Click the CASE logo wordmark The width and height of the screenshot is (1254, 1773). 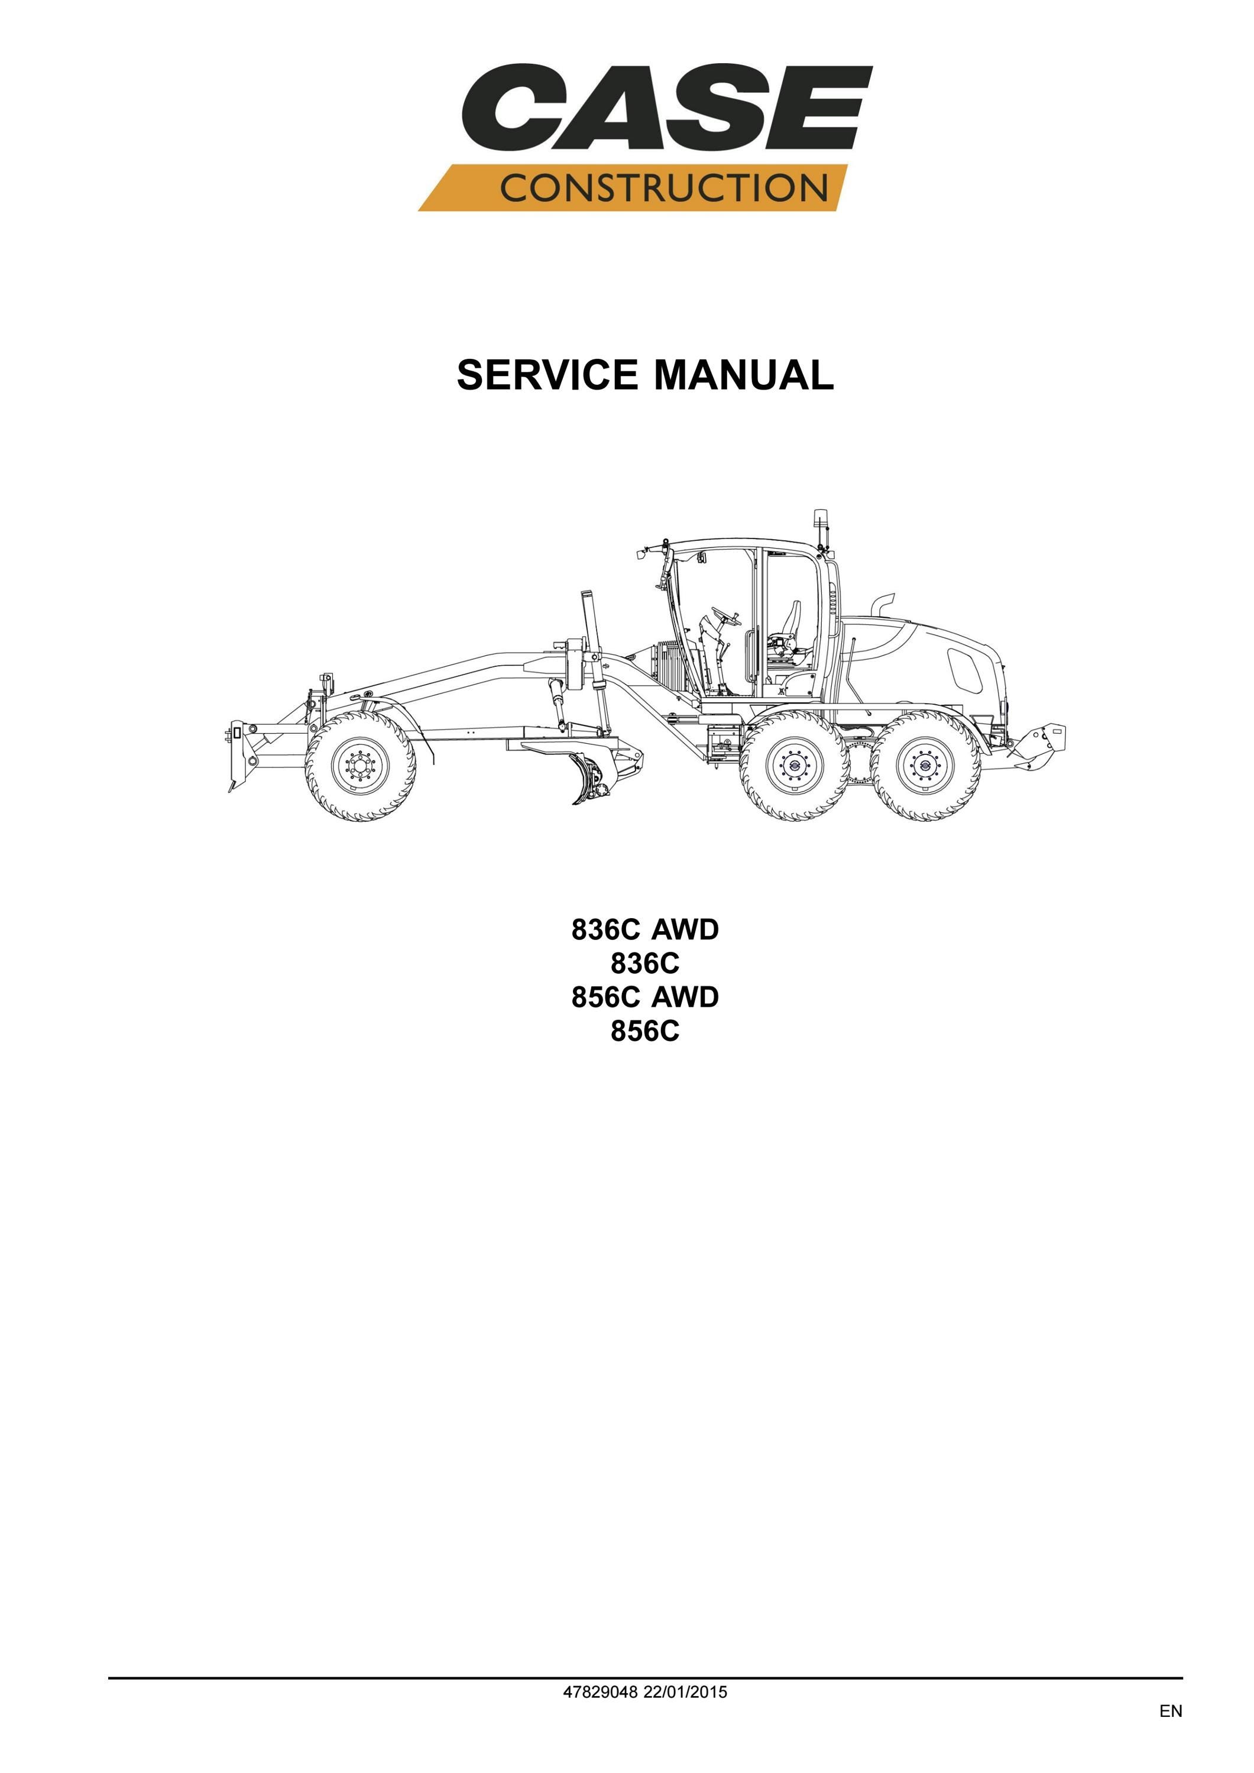(667, 108)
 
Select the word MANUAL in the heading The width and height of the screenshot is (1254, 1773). (744, 375)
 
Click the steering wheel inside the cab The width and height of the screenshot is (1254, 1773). (726, 615)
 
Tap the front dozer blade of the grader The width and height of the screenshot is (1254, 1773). (238, 756)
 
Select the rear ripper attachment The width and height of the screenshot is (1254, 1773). (1036, 746)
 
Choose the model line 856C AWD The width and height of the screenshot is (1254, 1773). (645, 997)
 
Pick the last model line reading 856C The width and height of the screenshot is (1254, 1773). (645, 1031)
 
